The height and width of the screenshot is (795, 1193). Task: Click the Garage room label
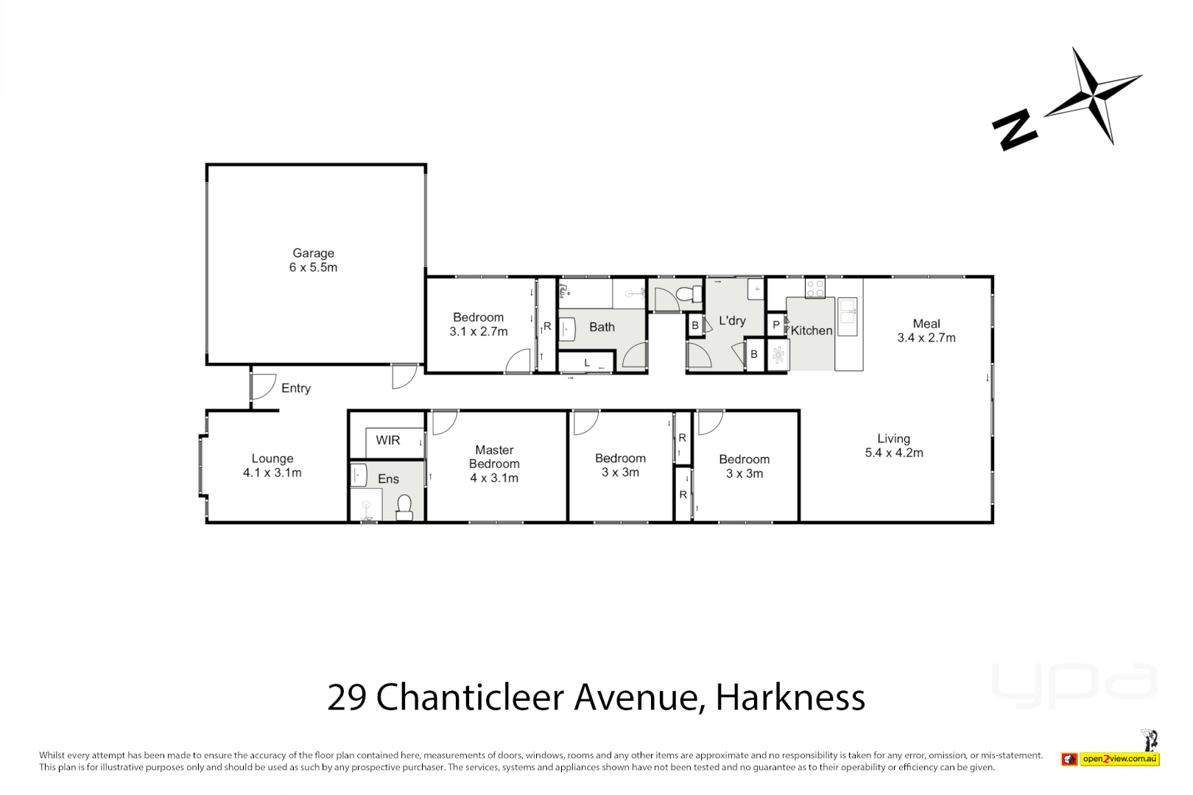click(x=313, y=253)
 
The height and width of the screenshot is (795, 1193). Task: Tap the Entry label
click(x=295, y=388)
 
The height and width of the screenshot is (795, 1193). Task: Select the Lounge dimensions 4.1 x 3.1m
click(x=272, y=473)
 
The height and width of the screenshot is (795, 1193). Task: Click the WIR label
click(x=387, y=440)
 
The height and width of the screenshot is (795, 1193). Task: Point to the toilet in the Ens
click(x=404, y=506)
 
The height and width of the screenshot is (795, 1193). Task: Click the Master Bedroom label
click(x=494, y=456)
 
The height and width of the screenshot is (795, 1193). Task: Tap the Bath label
click(x=602, y=327)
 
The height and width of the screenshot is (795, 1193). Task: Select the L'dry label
click(x=732, y=320)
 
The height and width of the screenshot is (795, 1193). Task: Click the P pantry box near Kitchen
click(x=775, y=325)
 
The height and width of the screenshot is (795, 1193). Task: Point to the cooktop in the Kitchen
click(x=814, y=288)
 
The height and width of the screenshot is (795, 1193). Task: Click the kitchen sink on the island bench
click(x=847, y=315)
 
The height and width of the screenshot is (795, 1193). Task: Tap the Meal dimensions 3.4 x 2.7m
click(x=926, y=338)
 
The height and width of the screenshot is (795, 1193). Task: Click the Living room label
click(x=893, y=439)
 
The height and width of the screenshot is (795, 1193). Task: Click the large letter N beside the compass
click(x=1014, y=130)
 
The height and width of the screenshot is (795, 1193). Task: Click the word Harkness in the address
click(x=790, y=697)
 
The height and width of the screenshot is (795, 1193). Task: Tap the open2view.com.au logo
click(x=1119, y=759)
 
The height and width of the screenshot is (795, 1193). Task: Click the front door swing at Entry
click(x=261, y=386)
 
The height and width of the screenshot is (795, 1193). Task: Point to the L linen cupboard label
click(x=587, y=363)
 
